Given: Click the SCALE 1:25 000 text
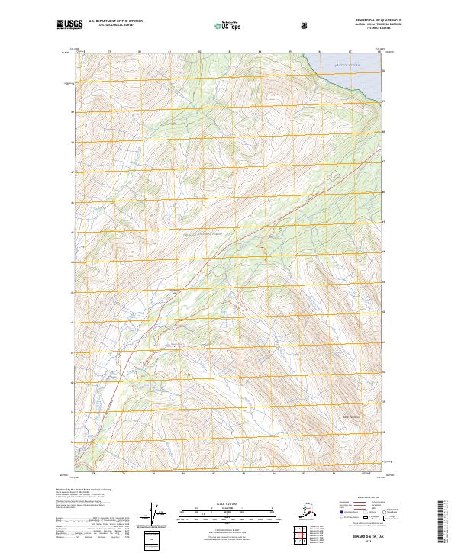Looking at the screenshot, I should (x=228, y=503).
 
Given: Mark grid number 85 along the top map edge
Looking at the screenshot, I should (x=289, y=52).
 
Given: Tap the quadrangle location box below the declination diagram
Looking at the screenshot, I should (x=155, y=537).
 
